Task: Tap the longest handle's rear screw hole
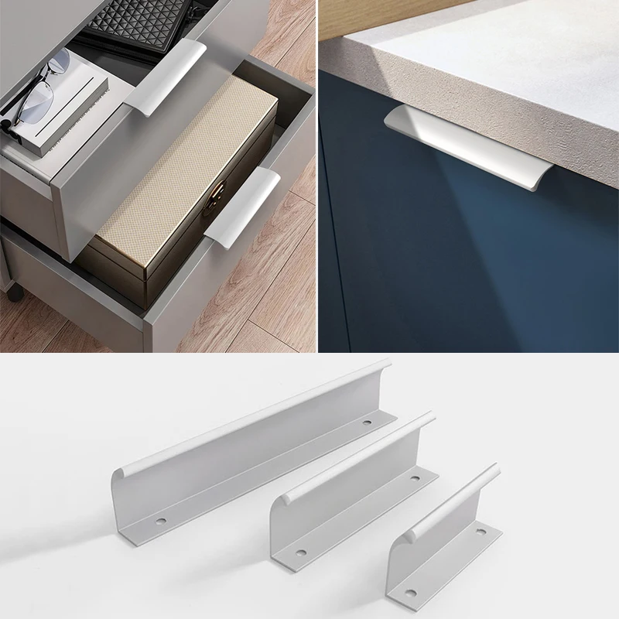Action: click(366, 422)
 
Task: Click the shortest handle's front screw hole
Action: click(410, 593)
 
